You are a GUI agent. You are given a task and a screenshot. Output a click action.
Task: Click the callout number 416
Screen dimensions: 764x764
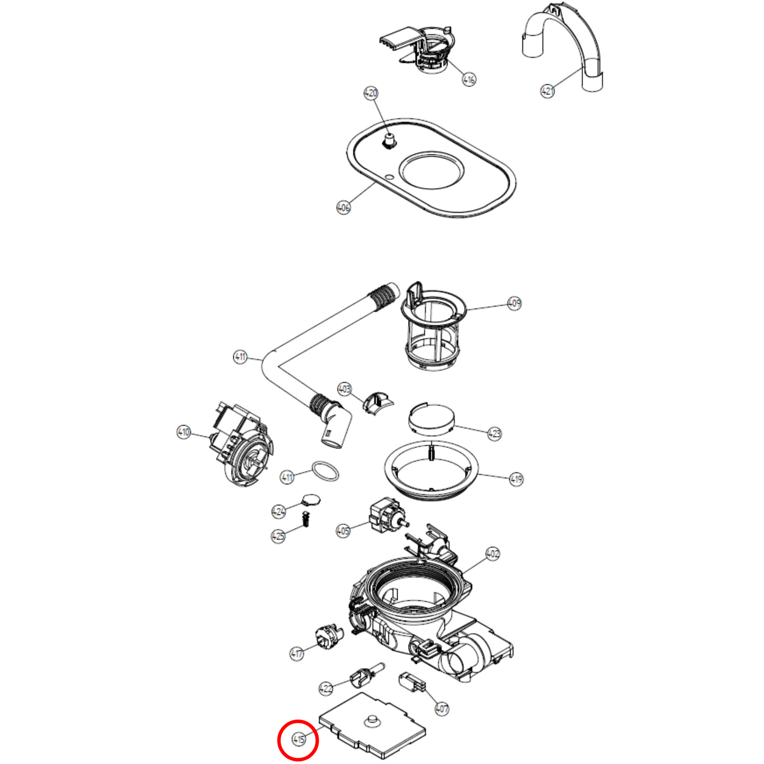pyautogui.click(x=469, y=79)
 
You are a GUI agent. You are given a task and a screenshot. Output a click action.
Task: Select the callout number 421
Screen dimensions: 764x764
pyautogui.click(x=547, y=90)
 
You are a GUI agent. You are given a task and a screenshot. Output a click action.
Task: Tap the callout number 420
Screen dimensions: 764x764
pyautogui.click(x=371, y=93)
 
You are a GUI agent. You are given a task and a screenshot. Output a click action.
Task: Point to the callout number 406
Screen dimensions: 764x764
pyautogui.click(x=344, y=207)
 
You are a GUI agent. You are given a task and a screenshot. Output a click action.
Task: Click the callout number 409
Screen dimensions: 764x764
pyautogui.click(x=514, y=303)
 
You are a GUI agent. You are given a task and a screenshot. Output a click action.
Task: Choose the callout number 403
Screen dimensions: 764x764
pyautogui.click(x=344, y=389)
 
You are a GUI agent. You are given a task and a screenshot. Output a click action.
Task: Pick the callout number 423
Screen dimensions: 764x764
pyautogui.click(x=494, y=434)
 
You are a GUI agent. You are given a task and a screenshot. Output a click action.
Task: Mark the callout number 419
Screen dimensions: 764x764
pyautogui.click(x=516, y=479)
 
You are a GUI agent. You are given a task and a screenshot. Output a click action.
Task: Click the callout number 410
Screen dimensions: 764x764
pyautogui.click(x=183, y=432)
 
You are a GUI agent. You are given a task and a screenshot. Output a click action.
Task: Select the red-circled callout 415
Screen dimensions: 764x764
pyautogui.click(x=298, y=740)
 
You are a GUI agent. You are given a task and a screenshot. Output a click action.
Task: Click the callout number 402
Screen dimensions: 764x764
pyautogui.click(x=492, y=554)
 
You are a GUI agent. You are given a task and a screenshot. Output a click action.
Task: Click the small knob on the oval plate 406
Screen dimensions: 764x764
pyautogui.click(x=390, y=141)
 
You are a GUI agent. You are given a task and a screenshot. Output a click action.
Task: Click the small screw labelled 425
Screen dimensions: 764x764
pyautogui.click(x=306, y=519)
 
